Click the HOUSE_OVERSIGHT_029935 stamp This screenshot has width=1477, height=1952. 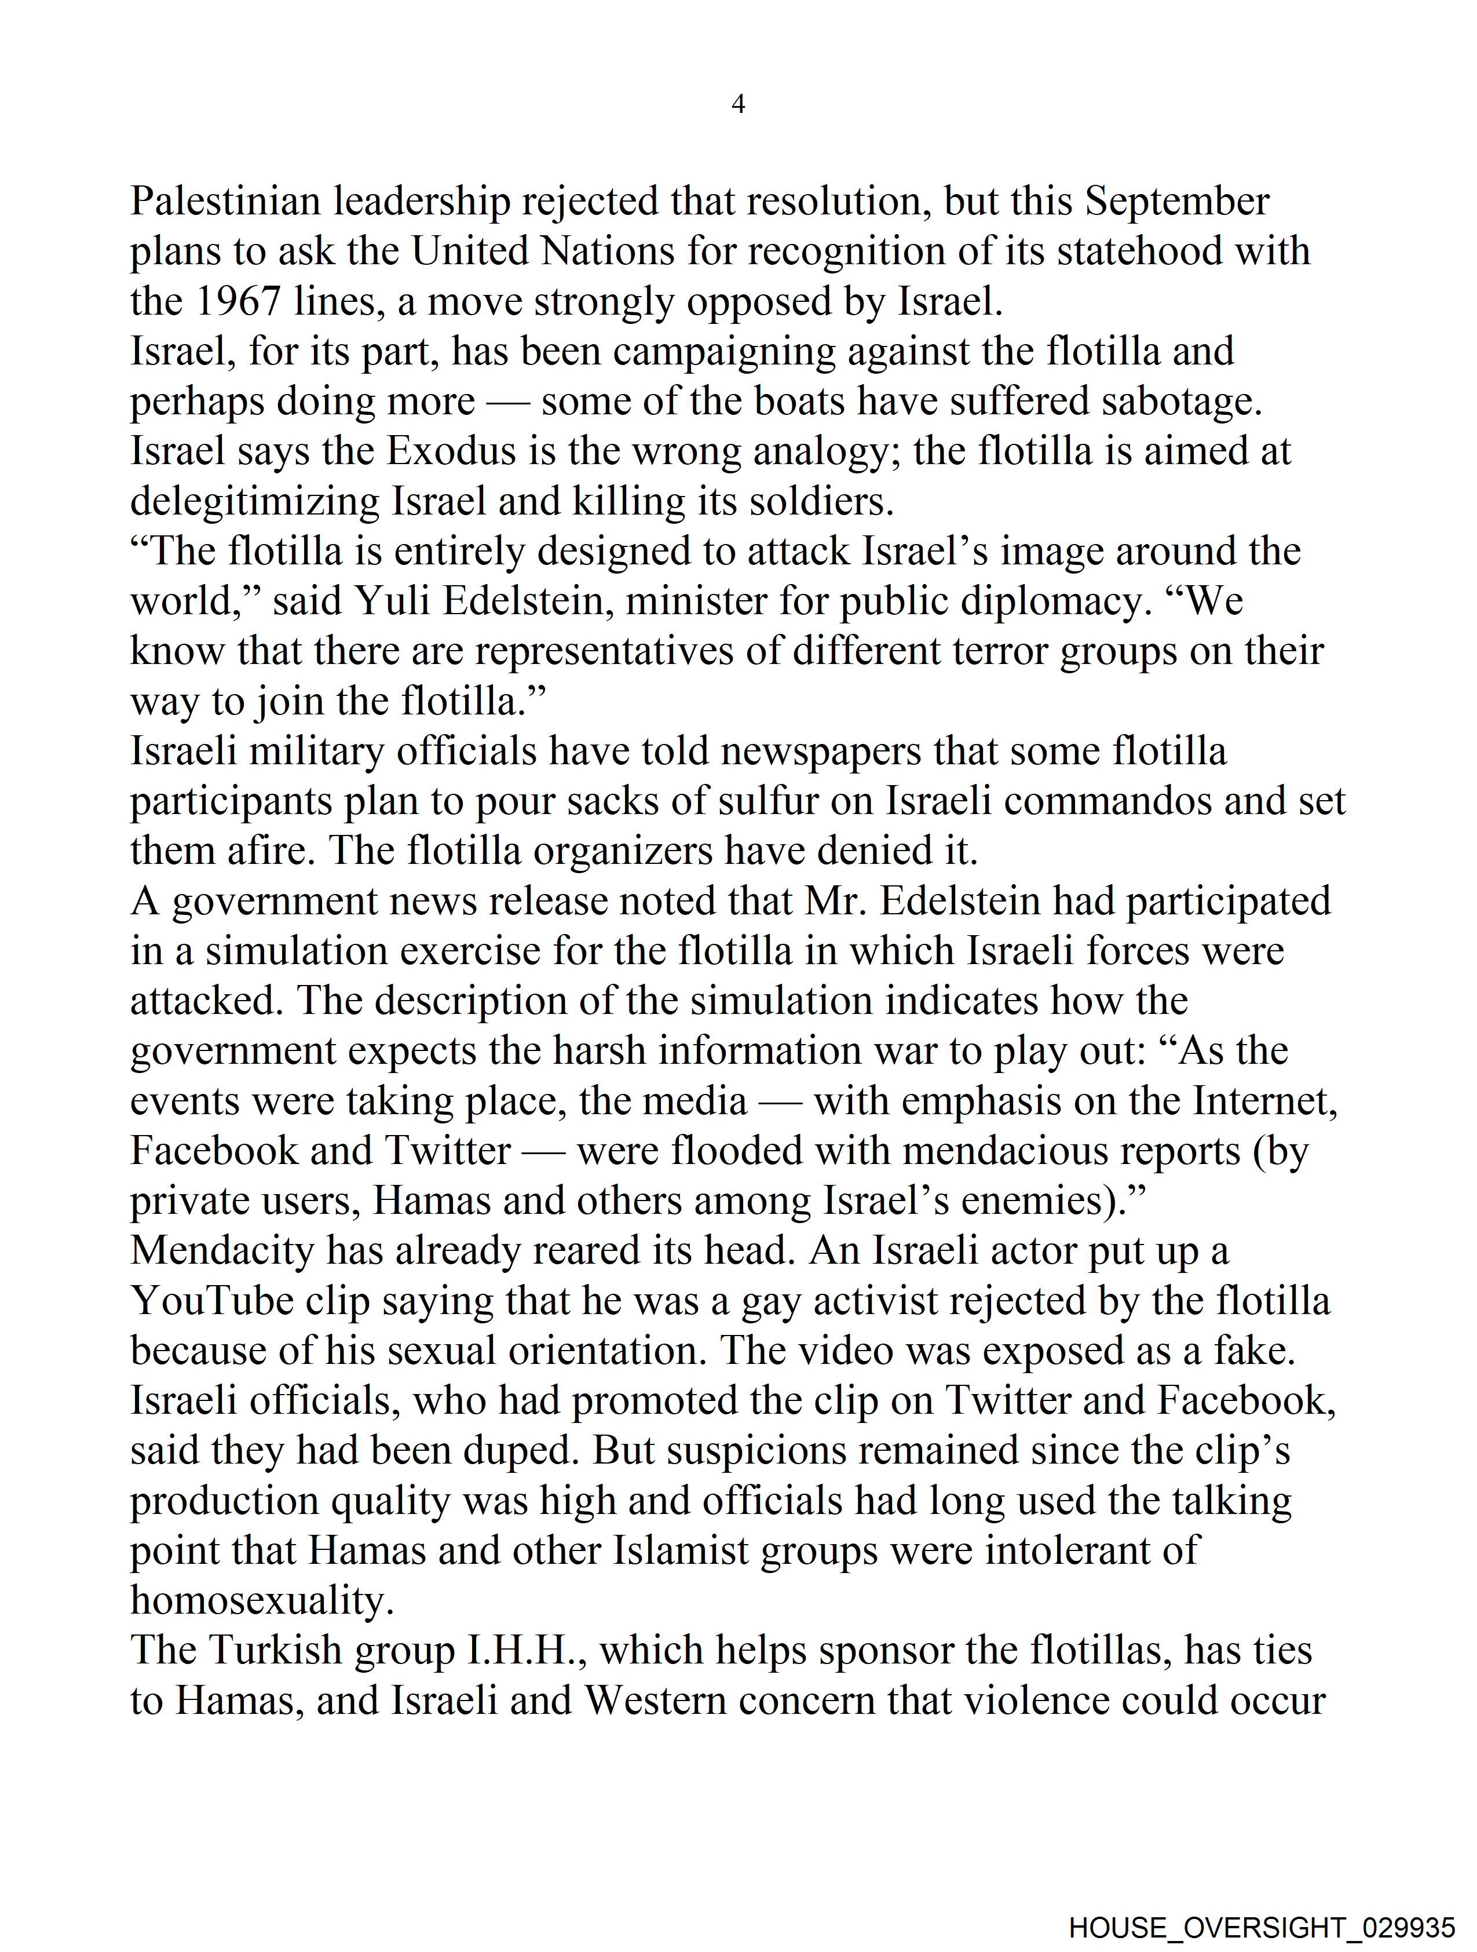[1262, 1927]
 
